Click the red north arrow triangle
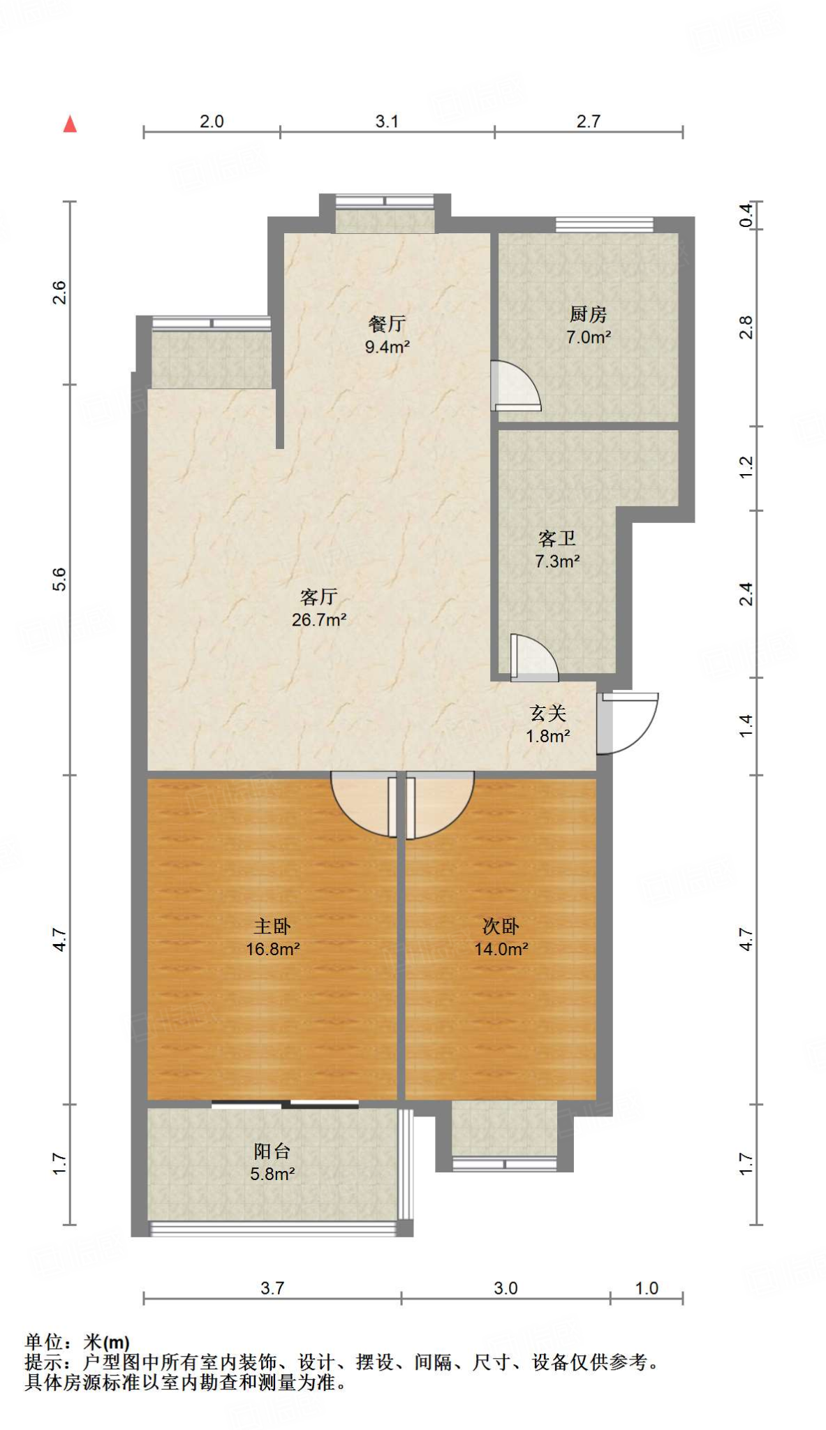point(70,124)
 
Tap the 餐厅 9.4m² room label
point(387,334)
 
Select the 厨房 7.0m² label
point(588,325)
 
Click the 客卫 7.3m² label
point(557,550)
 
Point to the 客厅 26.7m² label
point(319,607)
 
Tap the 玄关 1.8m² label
point(548,724)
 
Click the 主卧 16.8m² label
point(272,937)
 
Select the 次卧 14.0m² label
point(501,937)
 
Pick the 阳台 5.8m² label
point(272,1162)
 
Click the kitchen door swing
point(514,386)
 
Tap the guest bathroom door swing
point(533,659)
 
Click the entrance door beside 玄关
point(627,723)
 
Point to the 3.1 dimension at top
point(387,121)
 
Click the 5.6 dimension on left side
point(59,580)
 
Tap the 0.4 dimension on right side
point(746,215)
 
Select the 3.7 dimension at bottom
point(272,1288)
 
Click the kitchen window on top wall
point(604,224)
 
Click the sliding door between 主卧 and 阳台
point(285,1104)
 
